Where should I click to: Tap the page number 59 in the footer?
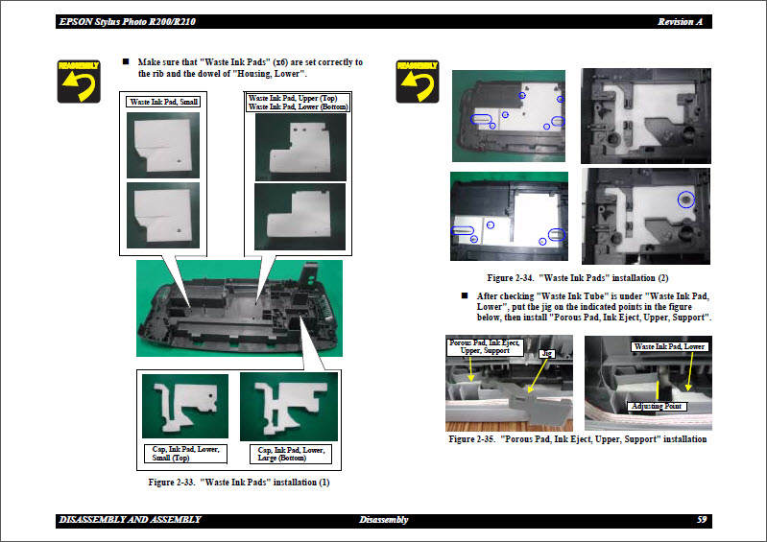click(x=702, y=520)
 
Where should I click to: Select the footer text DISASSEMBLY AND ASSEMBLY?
click(x=130, y=520)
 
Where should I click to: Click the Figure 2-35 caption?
click(x=578, y=439)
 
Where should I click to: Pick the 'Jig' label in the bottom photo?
click(x=547, y=353)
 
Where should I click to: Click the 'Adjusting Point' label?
click(x=655, y=407)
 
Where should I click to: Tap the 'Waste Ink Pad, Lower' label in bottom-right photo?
click(x=668, y=346)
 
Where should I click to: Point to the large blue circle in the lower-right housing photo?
click(x=684, y=200)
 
